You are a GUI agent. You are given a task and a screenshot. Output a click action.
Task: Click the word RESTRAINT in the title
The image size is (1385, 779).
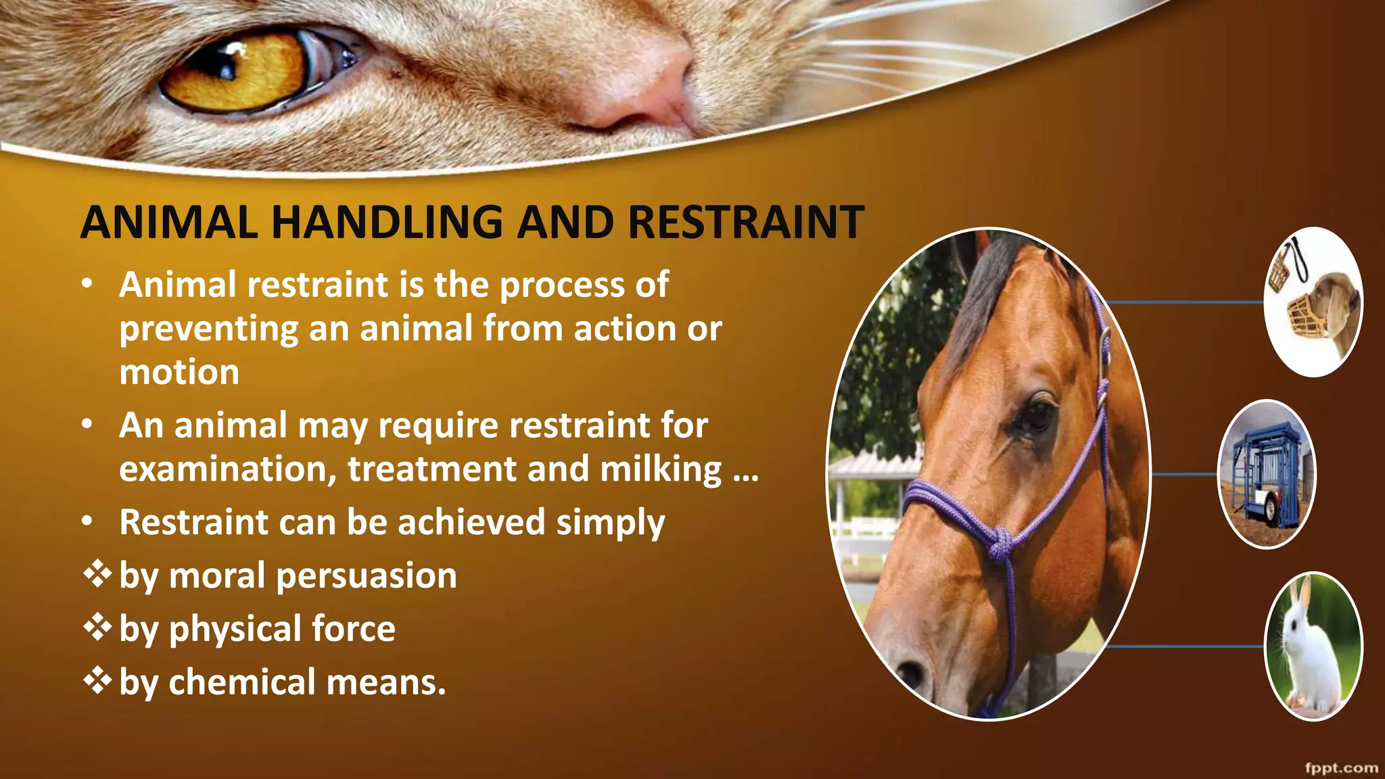[x=746, y=222]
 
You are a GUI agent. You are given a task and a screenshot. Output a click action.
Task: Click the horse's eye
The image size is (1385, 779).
[x=1035, y=415]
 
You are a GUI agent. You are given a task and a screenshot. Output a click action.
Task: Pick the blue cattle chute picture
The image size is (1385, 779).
[x=1266, y=474]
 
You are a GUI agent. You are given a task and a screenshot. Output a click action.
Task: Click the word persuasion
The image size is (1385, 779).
[x=366, y=576]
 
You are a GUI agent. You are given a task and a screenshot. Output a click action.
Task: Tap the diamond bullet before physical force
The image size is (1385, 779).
[x=97, y=628]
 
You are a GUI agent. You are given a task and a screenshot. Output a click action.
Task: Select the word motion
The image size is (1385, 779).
[x=179, y=373]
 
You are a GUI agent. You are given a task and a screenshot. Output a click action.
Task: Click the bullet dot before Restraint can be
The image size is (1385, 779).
[x=87, y=522]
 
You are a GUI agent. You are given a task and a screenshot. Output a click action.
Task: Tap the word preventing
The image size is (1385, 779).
[x=208, y=330]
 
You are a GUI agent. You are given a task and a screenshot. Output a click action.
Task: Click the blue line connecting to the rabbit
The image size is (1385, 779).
[x=1183, y=646]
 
